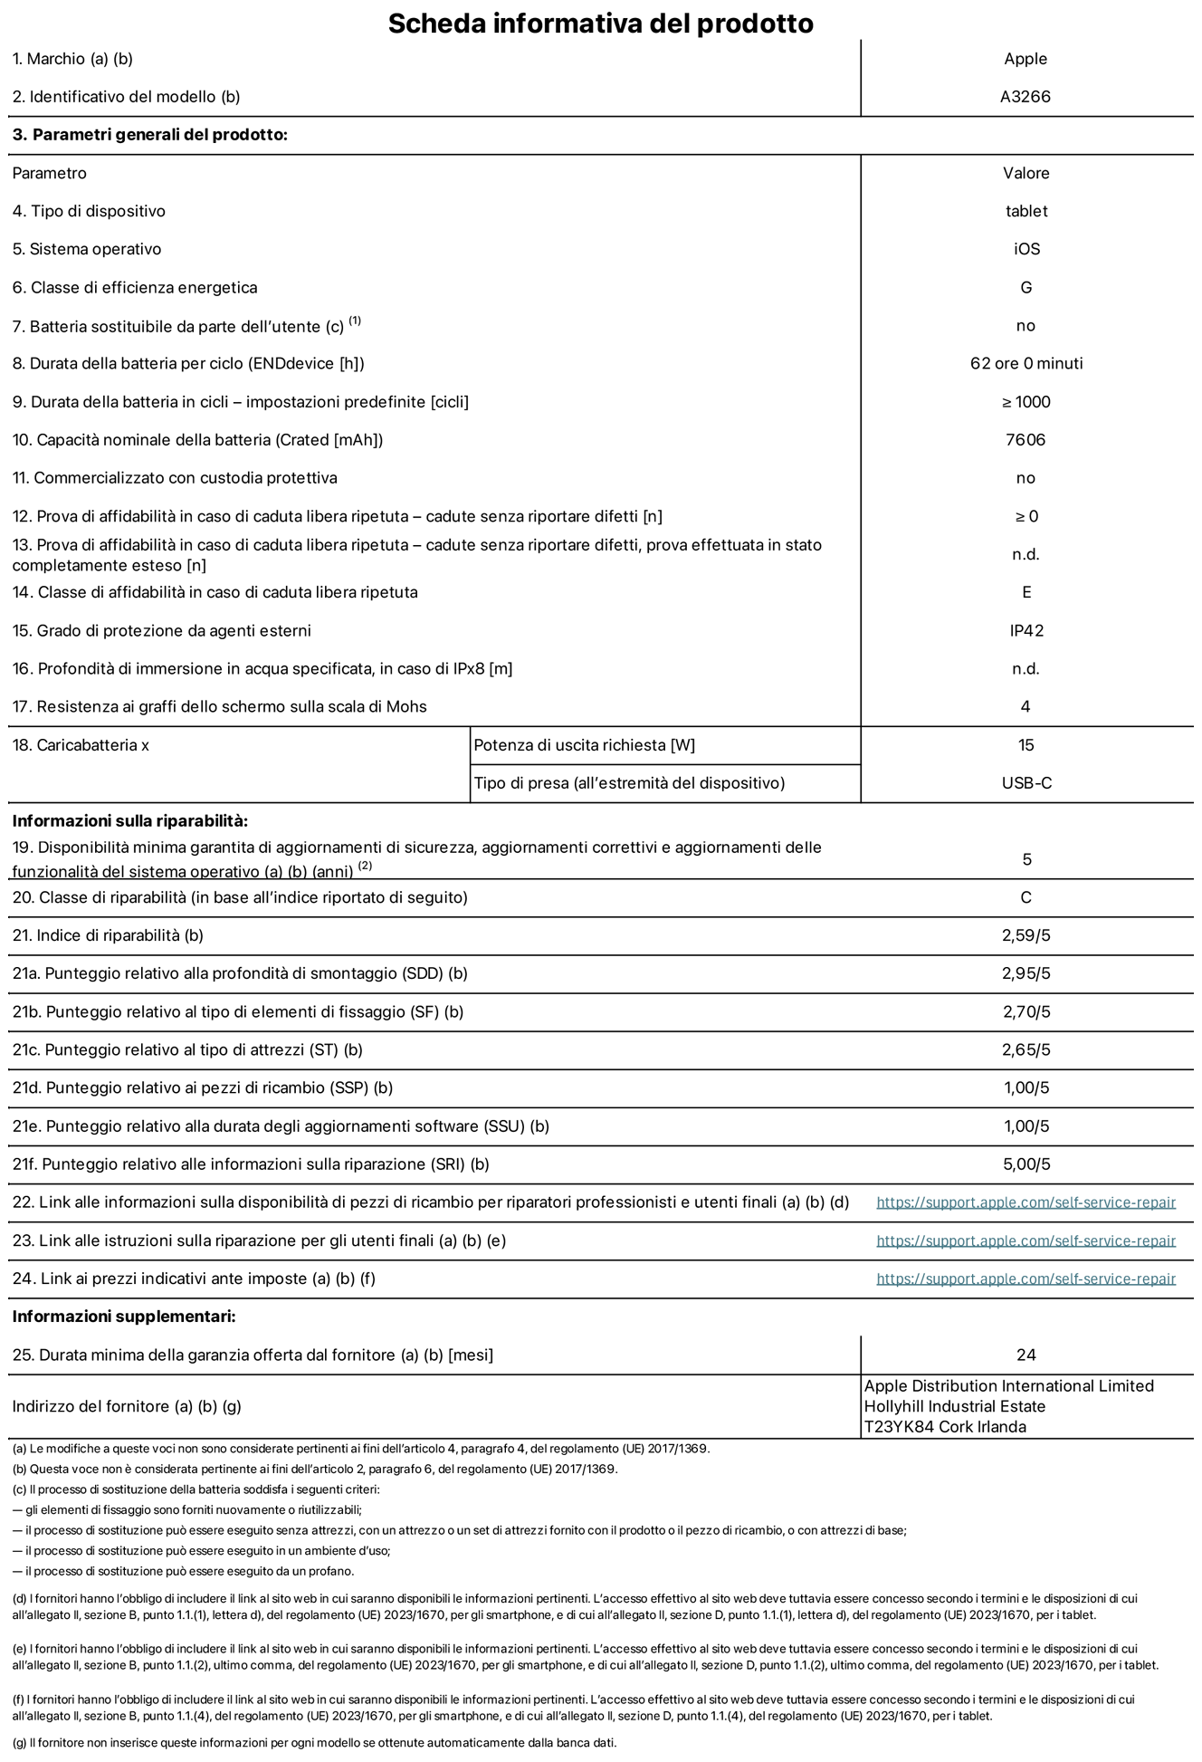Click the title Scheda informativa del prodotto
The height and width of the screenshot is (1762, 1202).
click(600, 23)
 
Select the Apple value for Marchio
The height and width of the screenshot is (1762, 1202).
click(1026, 59)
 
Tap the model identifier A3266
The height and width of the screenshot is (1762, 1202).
click(1026, 97)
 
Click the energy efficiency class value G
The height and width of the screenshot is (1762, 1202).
click(1026, 288)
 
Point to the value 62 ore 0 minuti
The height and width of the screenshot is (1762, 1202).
click(1026, 364)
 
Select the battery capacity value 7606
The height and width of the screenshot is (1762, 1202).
click(1026, 440)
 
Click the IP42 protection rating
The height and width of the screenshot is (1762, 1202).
click(1026, 630)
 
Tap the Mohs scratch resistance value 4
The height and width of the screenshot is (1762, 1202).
click(1026, 706)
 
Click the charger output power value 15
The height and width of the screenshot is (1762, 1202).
click(1026, 745)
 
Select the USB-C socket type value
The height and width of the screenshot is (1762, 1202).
click(1026, 783)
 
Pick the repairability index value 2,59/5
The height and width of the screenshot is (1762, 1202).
click(1026, 935)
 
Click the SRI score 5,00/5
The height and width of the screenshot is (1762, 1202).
click(1026, 1164)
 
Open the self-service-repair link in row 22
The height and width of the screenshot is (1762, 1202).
click(1026, 1202)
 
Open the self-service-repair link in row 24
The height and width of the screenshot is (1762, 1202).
click(1026, 1278)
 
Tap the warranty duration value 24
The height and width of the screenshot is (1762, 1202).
click(1026, 1355)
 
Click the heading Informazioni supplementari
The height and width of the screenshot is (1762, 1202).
click(124, 1317)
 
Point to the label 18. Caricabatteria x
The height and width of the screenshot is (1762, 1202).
click(81, 745)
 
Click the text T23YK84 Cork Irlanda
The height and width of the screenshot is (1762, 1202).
click(945, 1427)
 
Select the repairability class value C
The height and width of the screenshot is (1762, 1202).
click(1026, 897)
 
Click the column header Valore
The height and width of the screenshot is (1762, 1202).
click(1026, 173)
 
